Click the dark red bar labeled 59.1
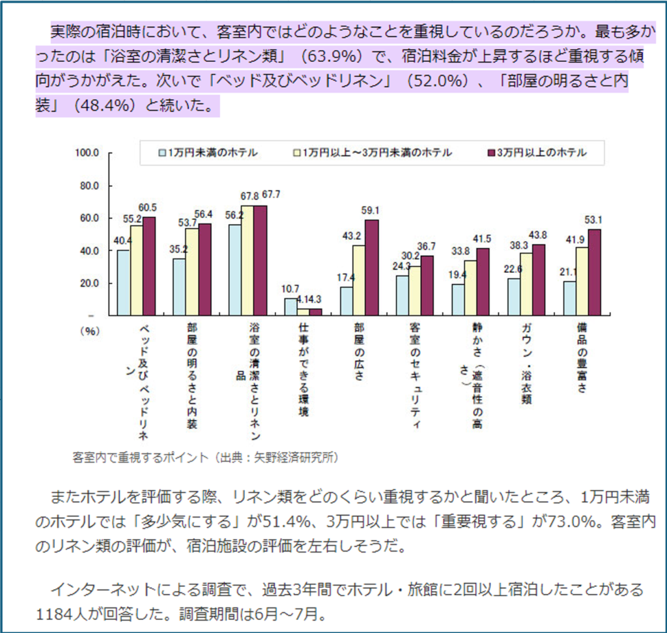point(372,268)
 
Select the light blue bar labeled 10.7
point(291,307)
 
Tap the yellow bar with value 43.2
point(359,280)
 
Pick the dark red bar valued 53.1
point(595,272)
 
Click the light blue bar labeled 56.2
point(234,270)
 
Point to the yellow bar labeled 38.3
point(526,284)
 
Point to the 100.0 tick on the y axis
point(87,153)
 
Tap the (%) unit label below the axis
point(88,331)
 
